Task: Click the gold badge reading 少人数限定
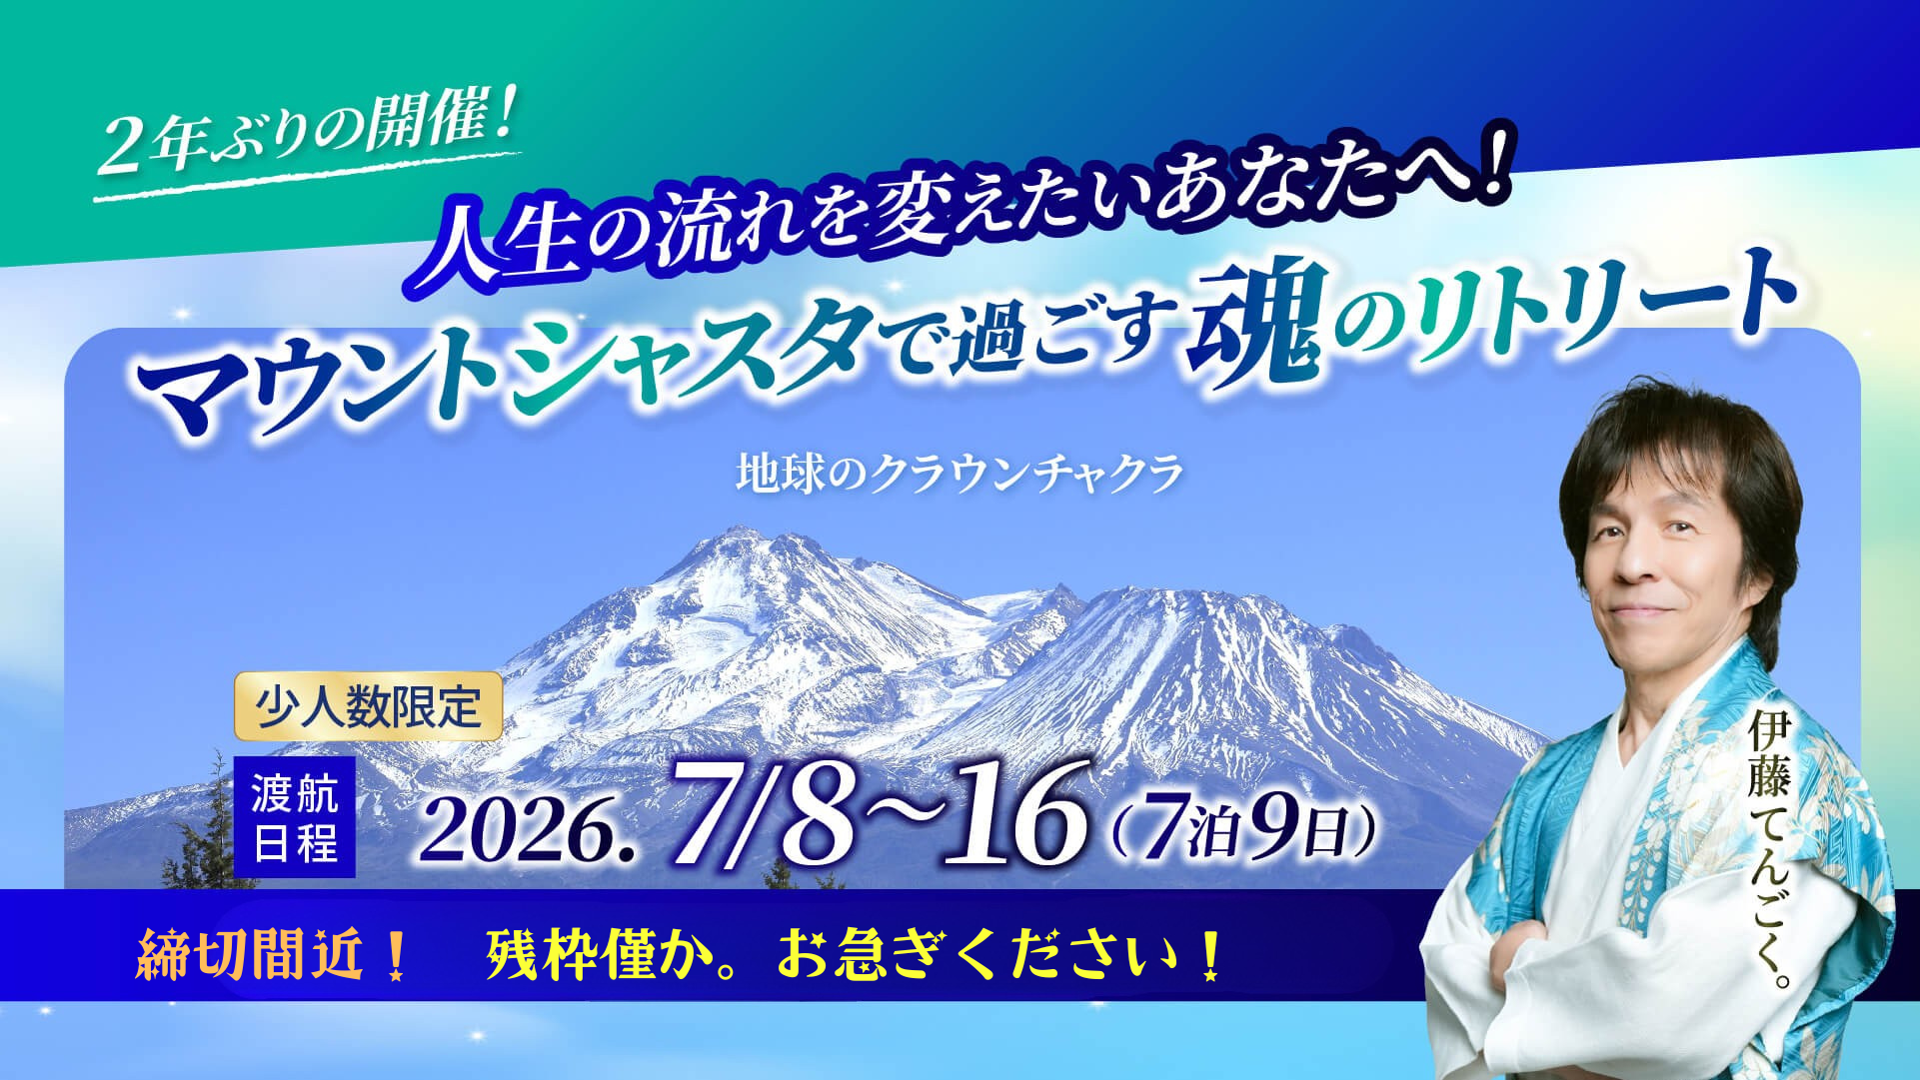pyautogui.click(x=368, y=706)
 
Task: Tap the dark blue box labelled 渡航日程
pyautogui.click(x=295, y=817)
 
